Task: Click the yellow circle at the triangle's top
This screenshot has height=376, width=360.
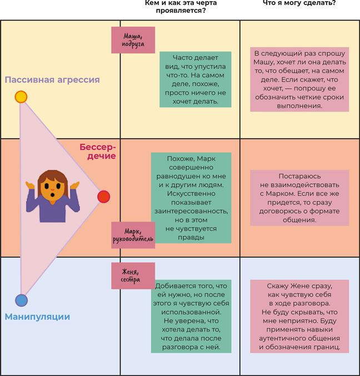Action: click(21, 97)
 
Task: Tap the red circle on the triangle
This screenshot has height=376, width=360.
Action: click(103, 197)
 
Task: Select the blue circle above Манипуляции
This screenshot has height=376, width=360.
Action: click(21, 300)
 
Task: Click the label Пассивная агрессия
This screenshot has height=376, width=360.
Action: click(52, 80)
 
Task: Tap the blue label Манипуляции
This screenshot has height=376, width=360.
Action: click(37, 317)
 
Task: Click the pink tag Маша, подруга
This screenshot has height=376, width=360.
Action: click(133, 40)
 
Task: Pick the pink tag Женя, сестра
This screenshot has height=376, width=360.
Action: click(133, 275)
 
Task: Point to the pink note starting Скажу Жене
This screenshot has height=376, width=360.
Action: click(299, 316)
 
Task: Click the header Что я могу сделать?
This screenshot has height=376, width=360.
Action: click(299, 3)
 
